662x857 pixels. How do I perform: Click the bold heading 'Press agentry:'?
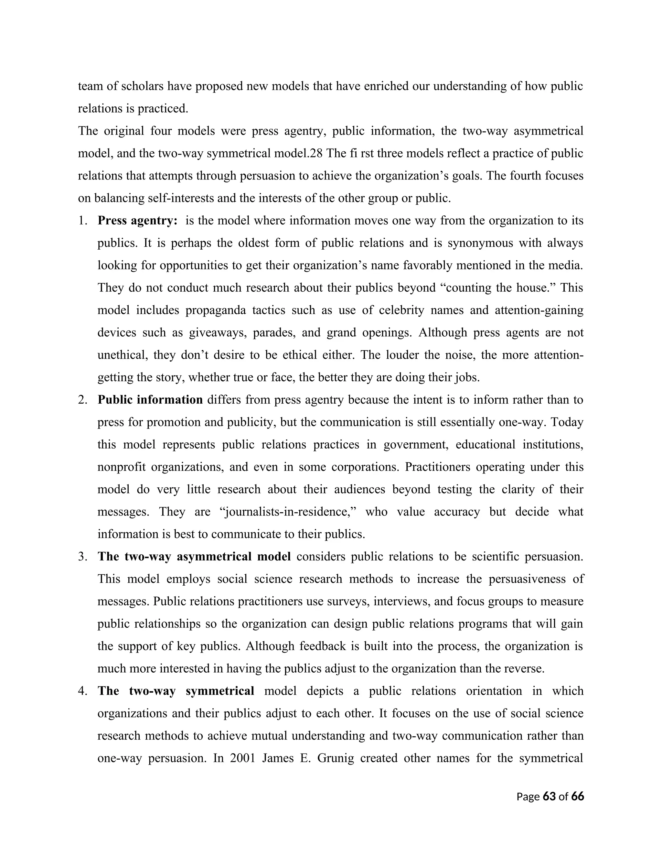tap(137, 221)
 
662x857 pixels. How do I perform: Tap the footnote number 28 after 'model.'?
tap(316, 153)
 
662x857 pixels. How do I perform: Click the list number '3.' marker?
tap(82, 557)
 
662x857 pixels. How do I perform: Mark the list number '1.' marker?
tap(82, 221)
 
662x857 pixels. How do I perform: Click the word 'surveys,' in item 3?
tap(341, 602)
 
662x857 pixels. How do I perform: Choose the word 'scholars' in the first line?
tap(142, 86)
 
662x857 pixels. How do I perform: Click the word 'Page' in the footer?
tap(528, 797)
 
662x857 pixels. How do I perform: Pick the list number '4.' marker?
tap(82, 691)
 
